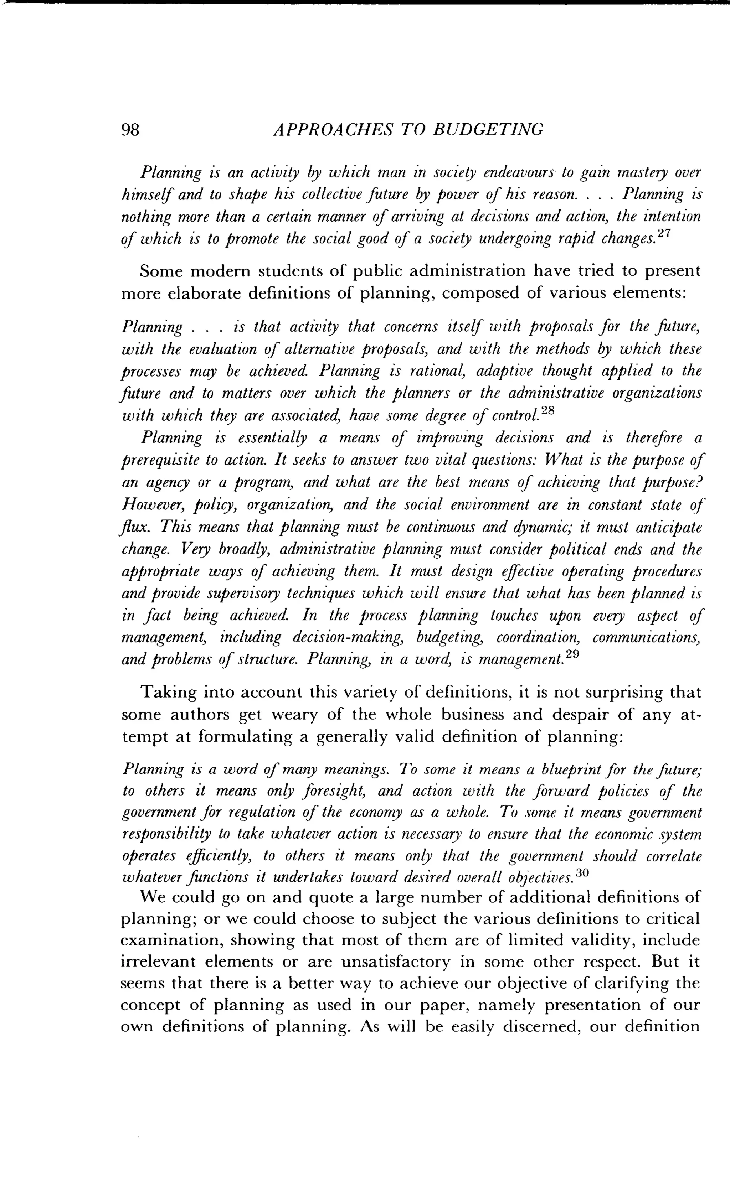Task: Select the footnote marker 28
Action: point(548,410)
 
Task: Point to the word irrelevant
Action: point(158,962)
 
